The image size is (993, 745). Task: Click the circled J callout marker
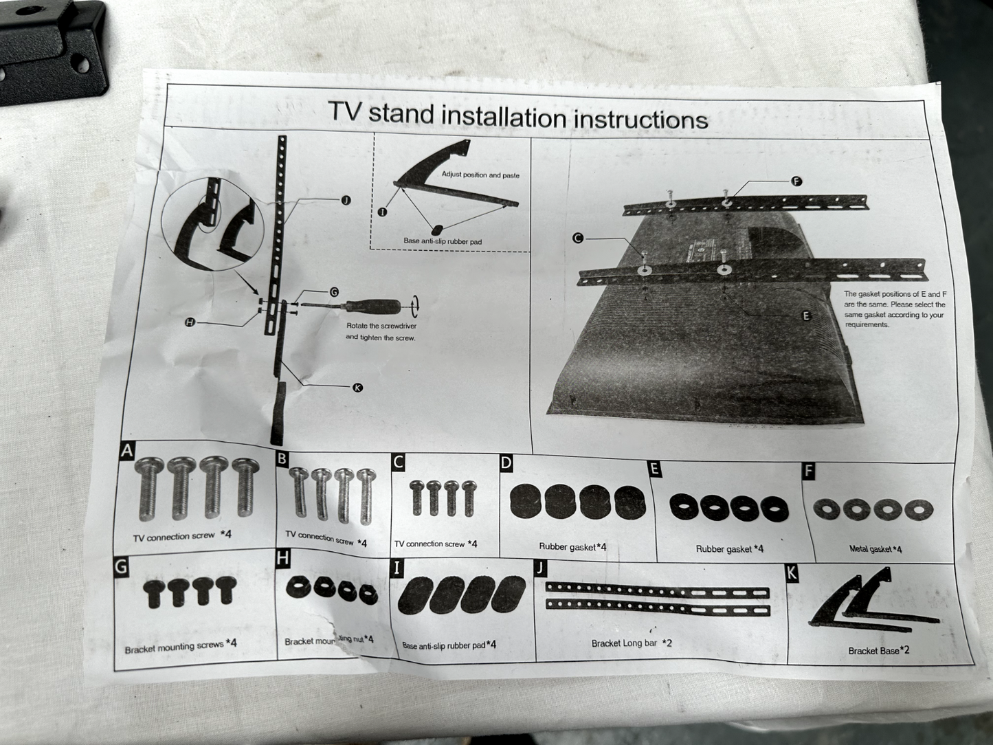(346, 201)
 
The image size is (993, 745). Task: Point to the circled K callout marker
(357, 387)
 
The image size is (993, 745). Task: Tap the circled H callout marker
(190, 322)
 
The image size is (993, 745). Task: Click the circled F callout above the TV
(796, 181)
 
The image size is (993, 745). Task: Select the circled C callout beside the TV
(578, 238)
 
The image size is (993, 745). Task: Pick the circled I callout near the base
(382, 212)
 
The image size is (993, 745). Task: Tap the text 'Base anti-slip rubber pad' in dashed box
(443, 241)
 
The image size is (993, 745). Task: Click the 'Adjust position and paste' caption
(480, 175)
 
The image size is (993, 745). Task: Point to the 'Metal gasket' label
(871, 549)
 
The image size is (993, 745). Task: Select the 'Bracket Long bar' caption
(624, 643)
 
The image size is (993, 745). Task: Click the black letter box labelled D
(506, 463)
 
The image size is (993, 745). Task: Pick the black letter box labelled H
(282, 558)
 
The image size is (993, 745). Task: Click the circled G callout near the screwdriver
(333, 292)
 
